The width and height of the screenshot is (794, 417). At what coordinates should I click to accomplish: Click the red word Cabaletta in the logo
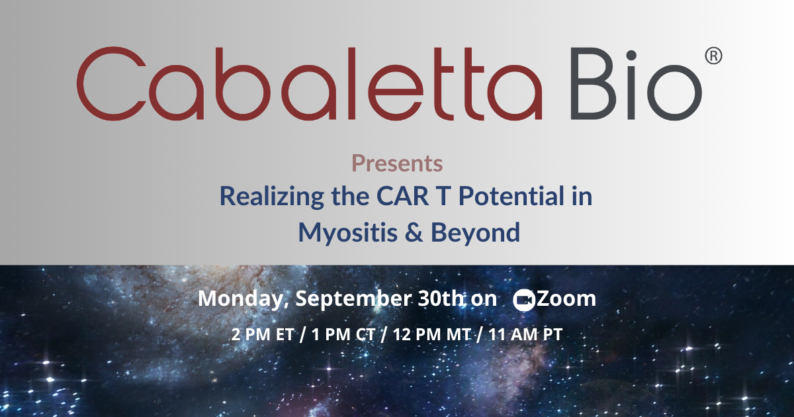(310, 83)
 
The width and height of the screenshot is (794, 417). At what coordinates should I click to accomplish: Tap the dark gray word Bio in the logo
(637, 84)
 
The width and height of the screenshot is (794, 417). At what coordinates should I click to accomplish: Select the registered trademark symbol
(713, 56)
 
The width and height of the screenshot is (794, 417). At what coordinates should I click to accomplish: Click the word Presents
(397, 163)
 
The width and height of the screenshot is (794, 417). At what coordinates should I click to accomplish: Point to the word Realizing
(272, 197)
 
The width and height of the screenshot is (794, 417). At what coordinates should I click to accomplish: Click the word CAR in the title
(403, 196)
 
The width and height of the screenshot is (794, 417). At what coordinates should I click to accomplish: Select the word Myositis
(348, 233)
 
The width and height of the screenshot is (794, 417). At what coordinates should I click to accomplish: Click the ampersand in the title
(414, 232)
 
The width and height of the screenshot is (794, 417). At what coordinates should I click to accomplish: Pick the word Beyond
(475, 233)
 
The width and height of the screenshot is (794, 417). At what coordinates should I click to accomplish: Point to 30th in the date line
(441, 299)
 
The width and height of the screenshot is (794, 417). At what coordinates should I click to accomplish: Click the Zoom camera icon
(524, 300)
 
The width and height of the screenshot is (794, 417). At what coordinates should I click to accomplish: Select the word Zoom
(566, 299)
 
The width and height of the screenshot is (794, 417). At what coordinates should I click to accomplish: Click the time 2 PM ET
(263, 334)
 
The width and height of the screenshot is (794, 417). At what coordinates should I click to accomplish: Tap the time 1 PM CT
(343, 334)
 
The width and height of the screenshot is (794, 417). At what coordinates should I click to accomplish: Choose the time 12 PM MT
(431, 334)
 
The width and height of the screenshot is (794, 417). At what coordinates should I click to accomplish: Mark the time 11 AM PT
(525, 334)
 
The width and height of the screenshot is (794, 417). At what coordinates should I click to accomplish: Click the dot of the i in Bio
(631, 56)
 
